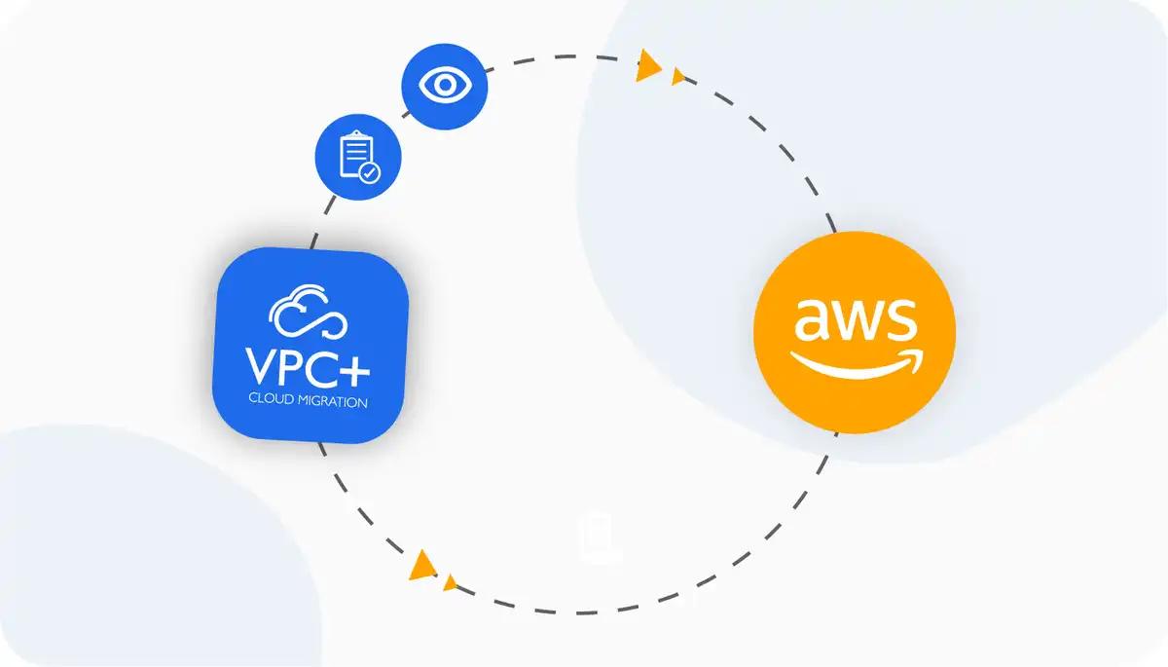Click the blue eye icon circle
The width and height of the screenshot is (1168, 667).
pyautogui.click(x=445, y=85)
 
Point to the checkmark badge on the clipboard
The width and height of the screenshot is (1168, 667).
pyautogui.click(x=369, y=173)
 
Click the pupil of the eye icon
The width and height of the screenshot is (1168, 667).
pyautogui.click(x=445, y=85)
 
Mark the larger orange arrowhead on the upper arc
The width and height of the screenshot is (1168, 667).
pyautogui.click(x=646, y=66)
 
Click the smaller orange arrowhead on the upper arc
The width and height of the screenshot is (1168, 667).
pyautogui.click(x=677, y=76)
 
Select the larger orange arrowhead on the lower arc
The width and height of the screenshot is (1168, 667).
pyautogui.click(x=421, y=565)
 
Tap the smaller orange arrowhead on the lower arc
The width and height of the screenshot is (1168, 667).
pyautogui.click(x=449, y=582)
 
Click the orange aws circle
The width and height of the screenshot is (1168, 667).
pyautogui.click(x=855, y=331)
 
